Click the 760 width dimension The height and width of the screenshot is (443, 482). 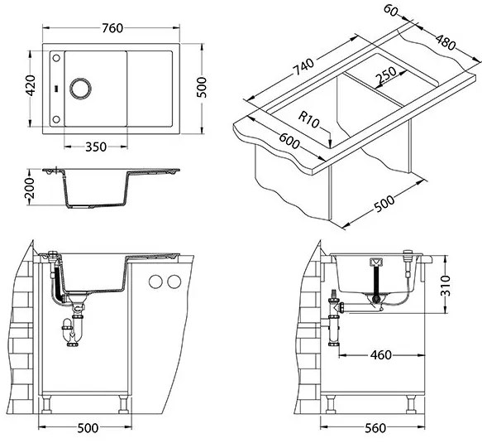click(112, 28)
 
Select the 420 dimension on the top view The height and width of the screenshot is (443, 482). click(31, 85)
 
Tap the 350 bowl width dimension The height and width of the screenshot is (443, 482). click(96, 147)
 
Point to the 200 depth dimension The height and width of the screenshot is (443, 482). click(31, 188)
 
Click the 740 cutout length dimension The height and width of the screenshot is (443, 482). click(303, 67)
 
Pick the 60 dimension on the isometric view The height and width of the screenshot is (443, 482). click(391, 10)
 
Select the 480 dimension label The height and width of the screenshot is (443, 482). click(445, 42)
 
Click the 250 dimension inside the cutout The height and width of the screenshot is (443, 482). click(387, 75)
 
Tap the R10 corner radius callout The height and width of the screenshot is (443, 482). click(309, 120)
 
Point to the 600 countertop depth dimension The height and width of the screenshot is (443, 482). click(289, 141)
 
